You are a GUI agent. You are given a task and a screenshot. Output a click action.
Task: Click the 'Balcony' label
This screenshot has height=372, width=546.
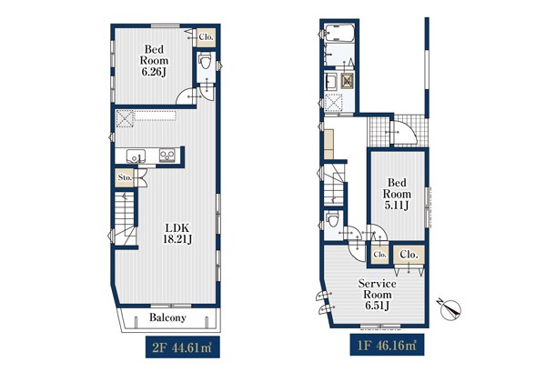point(167,317)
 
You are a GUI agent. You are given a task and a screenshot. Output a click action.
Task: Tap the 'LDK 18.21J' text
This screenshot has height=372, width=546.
point(177,234)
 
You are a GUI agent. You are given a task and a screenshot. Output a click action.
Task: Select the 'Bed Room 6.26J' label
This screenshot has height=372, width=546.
point(154,60)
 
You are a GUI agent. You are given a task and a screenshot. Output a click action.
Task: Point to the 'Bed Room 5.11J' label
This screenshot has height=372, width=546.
point(396,194)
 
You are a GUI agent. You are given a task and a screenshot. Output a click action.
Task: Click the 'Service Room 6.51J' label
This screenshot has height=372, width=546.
point(378,295)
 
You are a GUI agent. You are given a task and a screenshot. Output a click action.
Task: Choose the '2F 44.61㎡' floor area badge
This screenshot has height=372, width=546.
point(183,347)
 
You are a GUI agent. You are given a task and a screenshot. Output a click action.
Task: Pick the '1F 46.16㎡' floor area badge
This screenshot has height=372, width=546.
point(387,345)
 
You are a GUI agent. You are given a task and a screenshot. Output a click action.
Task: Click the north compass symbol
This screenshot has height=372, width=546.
point(451,309)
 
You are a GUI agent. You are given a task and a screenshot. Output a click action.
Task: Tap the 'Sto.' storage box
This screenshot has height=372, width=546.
point(125,178)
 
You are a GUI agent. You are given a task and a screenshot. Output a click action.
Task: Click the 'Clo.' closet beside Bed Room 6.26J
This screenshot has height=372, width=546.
point(207,37)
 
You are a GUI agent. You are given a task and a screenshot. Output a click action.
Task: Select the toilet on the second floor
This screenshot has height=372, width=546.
point(205,61)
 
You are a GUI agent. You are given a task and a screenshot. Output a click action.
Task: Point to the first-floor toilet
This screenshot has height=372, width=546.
point(331,219)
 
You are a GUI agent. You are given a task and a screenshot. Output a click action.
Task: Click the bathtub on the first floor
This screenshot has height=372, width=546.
point(339,33)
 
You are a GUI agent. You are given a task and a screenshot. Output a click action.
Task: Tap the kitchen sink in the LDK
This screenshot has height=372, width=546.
point(136,156)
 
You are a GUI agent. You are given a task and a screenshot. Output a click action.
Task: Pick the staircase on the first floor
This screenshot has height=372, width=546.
point(334,185)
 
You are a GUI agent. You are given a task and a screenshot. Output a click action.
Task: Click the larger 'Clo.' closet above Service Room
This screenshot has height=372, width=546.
point(409,255)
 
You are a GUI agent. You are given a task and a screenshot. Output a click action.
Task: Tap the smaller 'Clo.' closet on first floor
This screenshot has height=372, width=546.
point(379,255)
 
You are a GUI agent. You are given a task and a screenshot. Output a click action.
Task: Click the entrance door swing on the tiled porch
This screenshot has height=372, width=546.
point(404,133)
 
